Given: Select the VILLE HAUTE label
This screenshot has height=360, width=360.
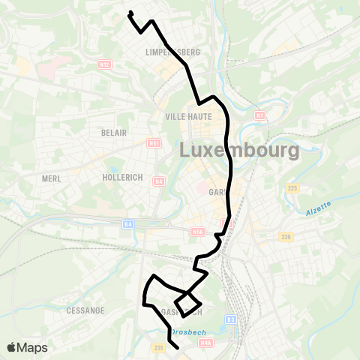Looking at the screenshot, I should pyautogui.click(x=189, y=117).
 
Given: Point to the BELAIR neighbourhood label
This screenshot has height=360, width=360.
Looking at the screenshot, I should pyautogui.click(x=113, y=132).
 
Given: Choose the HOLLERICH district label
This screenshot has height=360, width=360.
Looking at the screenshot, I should pyautogui.click(x=121, y=178).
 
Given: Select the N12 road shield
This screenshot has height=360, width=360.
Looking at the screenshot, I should pyautogui.click(x=104, y=65).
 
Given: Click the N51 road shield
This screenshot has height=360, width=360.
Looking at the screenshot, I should pyautogui.click(x=154, y=143).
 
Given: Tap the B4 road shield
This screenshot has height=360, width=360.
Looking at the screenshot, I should pyautogui.click(x=128, y=223).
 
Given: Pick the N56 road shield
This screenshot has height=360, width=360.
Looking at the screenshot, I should pyautogui.click(x=198, y=232).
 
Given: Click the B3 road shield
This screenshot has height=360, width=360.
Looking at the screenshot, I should pyautogui.click(x=231, y=319).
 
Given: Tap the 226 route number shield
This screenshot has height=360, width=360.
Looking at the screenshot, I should pyautogui.click(x=285, y=237).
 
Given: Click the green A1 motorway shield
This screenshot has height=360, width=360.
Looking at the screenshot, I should pyautogui.click(x=260, y=115).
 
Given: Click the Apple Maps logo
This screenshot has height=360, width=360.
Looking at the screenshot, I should pyautogui.click(x=27, y=347).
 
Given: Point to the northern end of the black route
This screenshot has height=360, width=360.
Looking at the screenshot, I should pyautogui.click(x=130, y=12).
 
